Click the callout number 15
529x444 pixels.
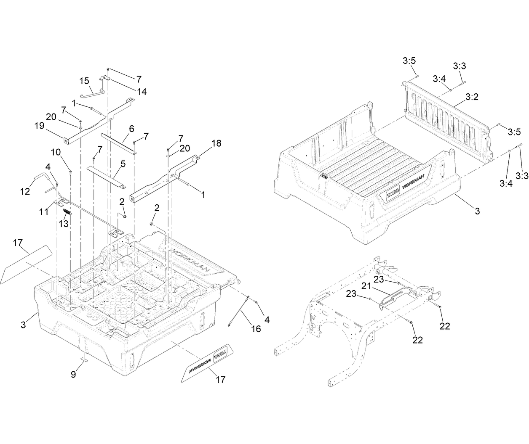85,80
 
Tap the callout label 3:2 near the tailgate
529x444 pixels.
472,97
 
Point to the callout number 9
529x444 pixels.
73,374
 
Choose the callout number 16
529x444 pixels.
256,329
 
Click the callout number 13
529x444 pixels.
63,224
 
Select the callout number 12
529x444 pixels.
25,192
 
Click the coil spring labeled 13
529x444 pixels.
67,212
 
